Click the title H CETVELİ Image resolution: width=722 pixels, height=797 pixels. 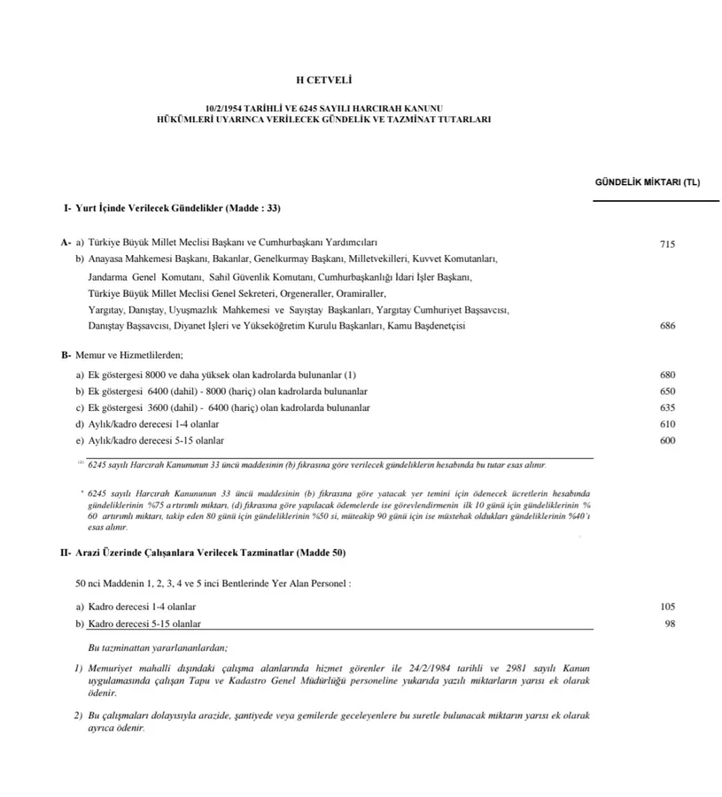point(361,81)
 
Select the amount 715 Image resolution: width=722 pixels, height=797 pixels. point(668,244)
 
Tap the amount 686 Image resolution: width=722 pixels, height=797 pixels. point(668,326)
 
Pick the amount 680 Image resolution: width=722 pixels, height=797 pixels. point(668,375)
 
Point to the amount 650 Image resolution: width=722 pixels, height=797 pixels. point(668,391)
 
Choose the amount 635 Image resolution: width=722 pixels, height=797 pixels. point(668,408)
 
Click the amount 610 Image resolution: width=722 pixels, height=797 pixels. point(668,424)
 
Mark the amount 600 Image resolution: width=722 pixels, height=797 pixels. point(668,441)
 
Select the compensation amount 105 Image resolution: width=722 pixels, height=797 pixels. point(668,607)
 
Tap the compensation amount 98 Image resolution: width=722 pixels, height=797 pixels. point(671,623)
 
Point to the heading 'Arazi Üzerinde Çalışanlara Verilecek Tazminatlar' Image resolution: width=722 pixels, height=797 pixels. point(210,553)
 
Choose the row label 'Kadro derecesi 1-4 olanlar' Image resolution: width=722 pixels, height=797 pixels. point(142,607)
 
